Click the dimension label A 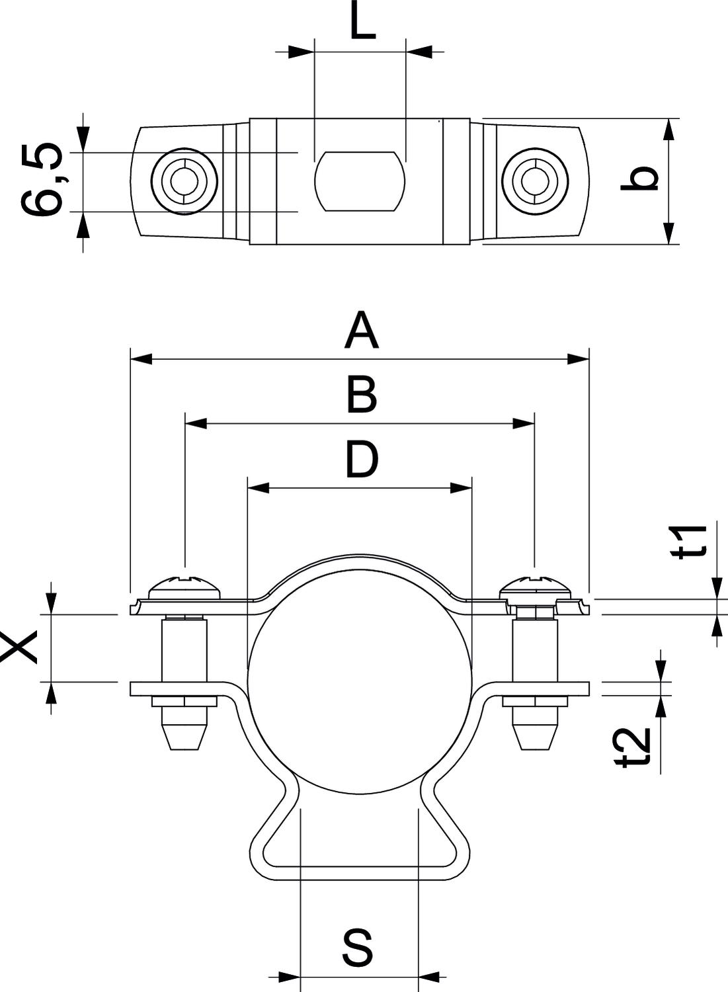(361, 332)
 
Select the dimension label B (361, 395)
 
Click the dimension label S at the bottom (358, 948)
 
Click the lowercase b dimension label (641, 179)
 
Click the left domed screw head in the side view (185, 586)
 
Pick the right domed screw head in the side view (534, 586)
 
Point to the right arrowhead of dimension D (461, 489)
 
